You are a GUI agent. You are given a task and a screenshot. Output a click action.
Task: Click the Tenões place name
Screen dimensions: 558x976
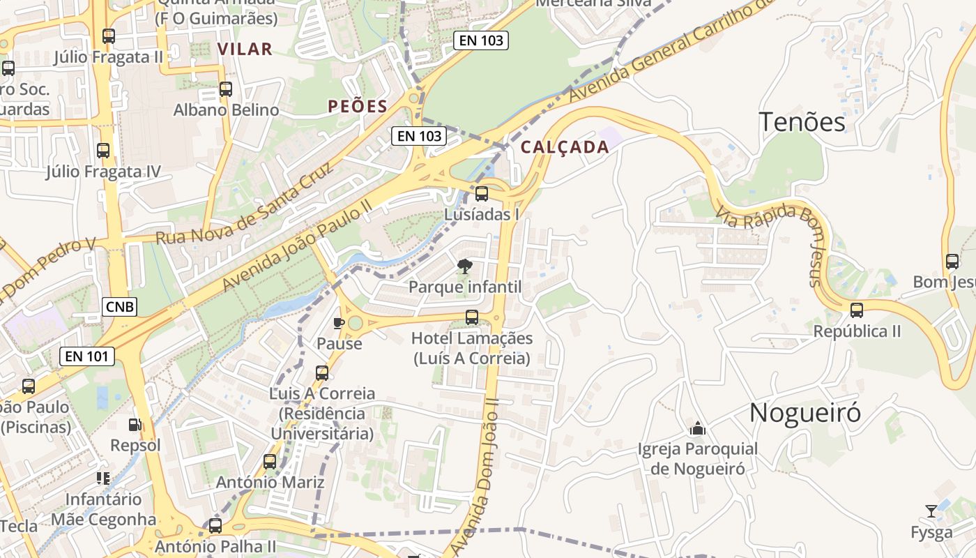802,122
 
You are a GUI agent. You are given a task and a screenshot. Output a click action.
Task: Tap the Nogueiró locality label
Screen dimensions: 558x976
805,413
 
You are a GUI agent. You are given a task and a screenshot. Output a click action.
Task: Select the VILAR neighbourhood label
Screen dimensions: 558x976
245,49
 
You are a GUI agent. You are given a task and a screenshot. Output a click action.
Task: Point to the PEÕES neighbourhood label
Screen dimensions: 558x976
358,107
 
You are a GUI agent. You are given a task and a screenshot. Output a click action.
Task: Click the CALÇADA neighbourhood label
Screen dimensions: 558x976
565,147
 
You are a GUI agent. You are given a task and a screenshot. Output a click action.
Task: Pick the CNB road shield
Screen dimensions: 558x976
120,306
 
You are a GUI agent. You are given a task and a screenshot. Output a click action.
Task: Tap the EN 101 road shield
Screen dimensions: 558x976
86,356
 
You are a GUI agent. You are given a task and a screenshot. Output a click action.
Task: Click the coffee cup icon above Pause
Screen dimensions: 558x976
339,322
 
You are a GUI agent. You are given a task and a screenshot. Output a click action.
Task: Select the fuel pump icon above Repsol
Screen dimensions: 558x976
135,424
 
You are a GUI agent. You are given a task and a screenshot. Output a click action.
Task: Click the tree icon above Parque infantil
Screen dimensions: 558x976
464,266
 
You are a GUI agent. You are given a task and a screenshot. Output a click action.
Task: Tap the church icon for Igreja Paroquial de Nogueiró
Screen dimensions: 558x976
697,428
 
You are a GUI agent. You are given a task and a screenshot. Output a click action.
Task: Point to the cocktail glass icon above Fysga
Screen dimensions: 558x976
931,511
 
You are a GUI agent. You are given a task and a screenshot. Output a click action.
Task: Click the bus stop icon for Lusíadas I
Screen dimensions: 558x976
482,193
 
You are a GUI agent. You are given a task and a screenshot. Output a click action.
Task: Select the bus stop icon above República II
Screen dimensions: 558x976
857,310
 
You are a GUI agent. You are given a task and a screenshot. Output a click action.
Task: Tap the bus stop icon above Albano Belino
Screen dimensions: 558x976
225,89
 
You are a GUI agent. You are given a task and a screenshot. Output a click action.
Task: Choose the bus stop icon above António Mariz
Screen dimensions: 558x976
270,461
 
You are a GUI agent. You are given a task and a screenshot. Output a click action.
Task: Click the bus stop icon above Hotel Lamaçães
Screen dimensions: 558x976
472,317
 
